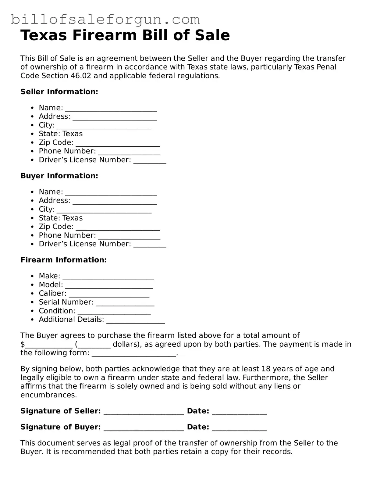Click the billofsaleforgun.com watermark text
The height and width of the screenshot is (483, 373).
[x=105, y=20]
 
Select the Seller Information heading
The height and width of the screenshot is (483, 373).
[x=59, y=92]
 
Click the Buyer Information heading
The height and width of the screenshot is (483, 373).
[x=59, y=176]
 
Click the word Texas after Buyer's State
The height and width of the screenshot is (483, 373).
[x=73, y=218]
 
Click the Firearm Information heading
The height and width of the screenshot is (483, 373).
[x=63, y=260]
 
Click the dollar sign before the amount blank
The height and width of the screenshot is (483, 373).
[x=23, y=345]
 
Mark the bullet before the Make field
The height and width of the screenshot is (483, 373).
[x=33, y=276]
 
